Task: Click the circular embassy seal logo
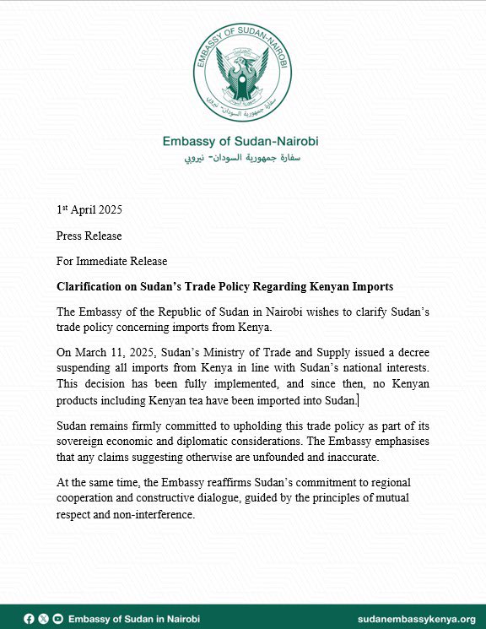[242, 73]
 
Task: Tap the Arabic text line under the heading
[242, 158]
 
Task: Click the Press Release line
[89, 236]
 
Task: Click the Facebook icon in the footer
[30, 619]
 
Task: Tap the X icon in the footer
[43, 619]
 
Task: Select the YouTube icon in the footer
[57, 619]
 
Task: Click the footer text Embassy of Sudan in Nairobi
[133, 619]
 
